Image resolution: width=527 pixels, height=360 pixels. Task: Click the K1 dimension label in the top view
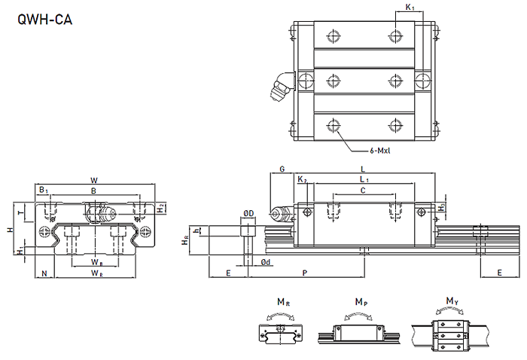tap(410, 8)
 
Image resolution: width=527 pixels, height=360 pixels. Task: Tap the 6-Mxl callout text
tap(384, 150)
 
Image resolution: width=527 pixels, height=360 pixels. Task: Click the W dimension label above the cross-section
tap(94, 180)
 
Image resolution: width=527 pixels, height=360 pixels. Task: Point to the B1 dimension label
tap(44, 191)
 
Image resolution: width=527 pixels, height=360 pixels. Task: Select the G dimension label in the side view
tap(282, 169)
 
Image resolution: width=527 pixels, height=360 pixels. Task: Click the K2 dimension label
tap(302, 181)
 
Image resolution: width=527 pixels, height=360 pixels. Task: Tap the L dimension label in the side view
tap(363, 169)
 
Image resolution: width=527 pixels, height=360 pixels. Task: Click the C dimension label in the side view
tap(363, 191)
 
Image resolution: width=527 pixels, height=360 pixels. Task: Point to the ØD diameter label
tap(248, 214)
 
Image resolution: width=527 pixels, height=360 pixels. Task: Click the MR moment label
tap(282, 302)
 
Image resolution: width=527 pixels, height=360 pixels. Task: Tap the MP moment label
tap(361, 302)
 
